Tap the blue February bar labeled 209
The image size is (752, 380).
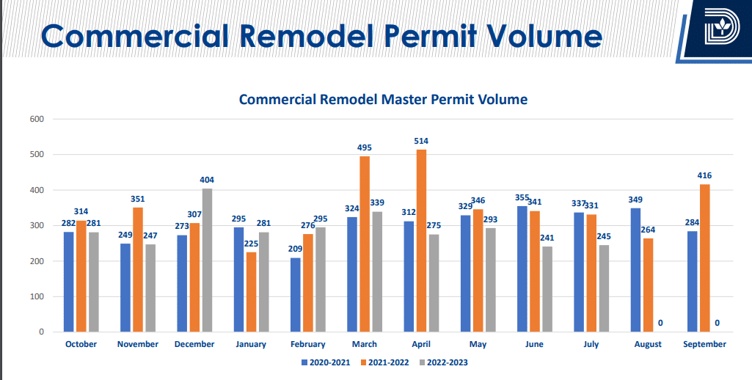pyautogui.click(x=295, y=295)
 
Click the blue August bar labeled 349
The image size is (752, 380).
pyautogui.click(x=635, y=270)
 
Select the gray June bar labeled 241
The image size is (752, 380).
pyautogui.click(x=547, y=289)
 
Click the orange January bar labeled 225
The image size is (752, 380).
pyautogui.click(x=252, y=292)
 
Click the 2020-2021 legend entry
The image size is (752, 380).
pyautogui.click(x=327, y=362)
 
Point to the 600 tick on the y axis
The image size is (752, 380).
pyautogui.click(x=37, y=119)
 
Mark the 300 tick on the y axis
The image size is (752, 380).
pyautogui.click(x=37, y=225)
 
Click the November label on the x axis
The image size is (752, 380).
pyautogui.click(x=138, y=344)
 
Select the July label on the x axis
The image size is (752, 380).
pyautogui.click(x=591, y=344)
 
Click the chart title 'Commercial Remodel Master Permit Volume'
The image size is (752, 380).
pyautogui.click(x=383, y=99)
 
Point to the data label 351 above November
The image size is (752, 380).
pyautogui.click(x=138, y=198)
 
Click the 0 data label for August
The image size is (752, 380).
pyautogui.click(x=660, y=323)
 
